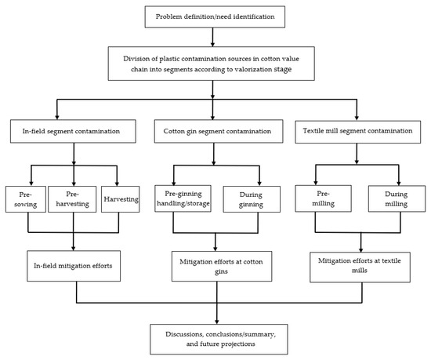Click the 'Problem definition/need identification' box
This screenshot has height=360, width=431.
pyautogui.click(x=213, y=15)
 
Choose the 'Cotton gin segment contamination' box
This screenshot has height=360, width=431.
pyautogui.click(x=213, y=130)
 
